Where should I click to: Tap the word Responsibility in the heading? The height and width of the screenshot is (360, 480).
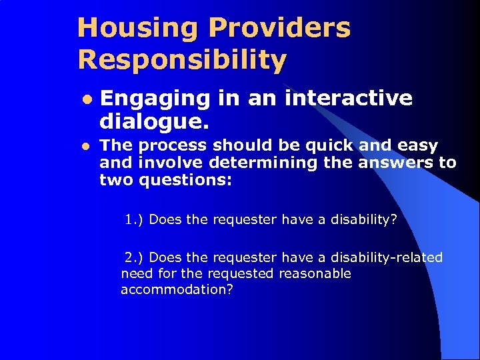[182, 59]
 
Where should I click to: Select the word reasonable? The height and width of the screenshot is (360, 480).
[315, 273]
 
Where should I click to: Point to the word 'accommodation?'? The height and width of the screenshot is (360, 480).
[177, 289]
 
